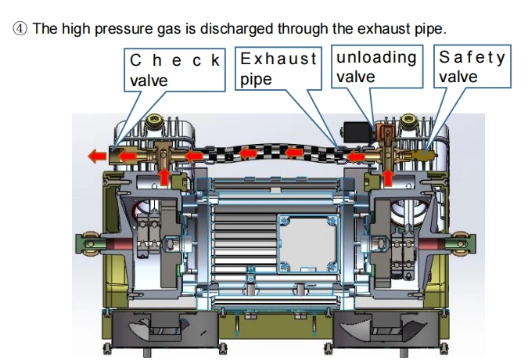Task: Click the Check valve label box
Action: (174, 70)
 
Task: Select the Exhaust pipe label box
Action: (278, 69)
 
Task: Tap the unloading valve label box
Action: (377, 67)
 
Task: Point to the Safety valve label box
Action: (472, 67)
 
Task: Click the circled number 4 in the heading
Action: (20, 29)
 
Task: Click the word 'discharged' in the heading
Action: (236, 29)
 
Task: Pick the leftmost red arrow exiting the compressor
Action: (97, 157)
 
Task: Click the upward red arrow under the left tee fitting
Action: (164, 177)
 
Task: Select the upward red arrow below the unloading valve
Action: (388, 178)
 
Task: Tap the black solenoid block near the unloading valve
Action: (357, 132)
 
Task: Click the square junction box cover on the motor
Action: (307, 244)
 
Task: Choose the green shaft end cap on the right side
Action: (462, 244)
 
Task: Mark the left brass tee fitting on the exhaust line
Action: (163, 155)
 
